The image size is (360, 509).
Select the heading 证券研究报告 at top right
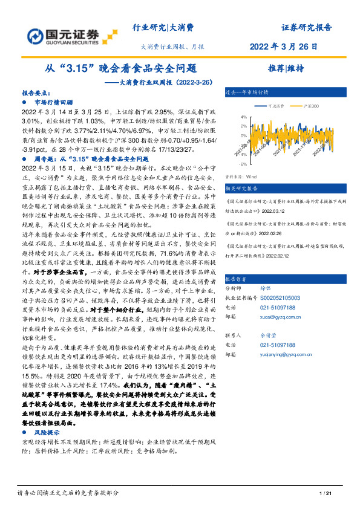(307, 27)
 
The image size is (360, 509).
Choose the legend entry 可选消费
(276, 106)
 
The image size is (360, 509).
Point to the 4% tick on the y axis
(243, 117)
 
